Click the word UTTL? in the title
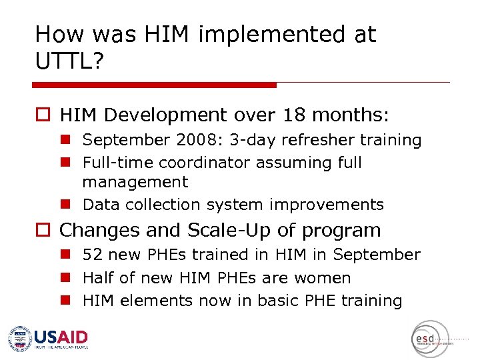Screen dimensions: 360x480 coord(69,63)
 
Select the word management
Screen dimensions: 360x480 coord(135,182)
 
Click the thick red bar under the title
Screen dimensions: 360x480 coord(154,85)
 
